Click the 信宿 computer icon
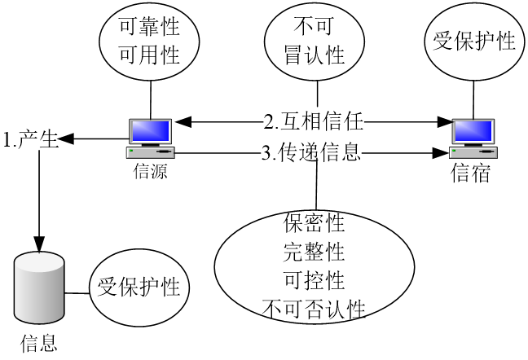tap(475, 138)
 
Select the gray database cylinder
tap(39, 289)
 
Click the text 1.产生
tap(31, 139)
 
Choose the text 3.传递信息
tap(311, 151)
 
